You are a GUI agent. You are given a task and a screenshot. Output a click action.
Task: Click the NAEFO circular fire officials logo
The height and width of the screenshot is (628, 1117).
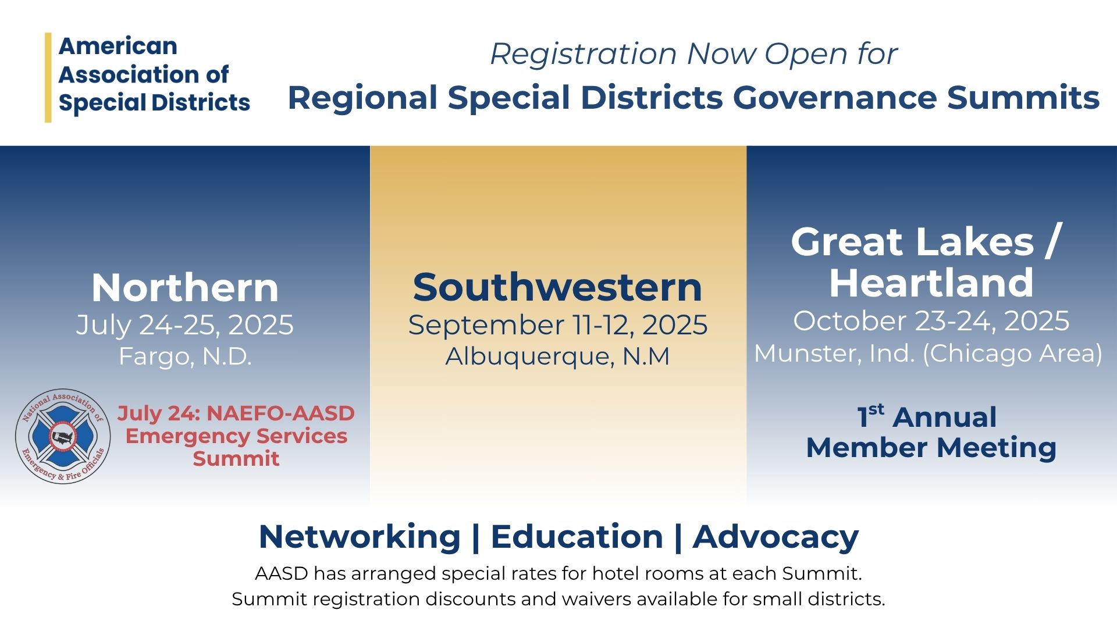[x=63, y=437]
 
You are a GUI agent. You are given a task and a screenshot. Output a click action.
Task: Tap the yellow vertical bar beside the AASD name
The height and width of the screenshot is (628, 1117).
[x=48, y=77]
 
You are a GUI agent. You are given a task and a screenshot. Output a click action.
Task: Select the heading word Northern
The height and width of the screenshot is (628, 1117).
[x=185, y=288]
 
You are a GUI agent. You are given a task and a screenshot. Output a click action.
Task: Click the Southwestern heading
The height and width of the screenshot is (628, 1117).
[x=557, y=287]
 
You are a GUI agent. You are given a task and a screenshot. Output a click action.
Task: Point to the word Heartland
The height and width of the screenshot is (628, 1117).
[x=931, y=283]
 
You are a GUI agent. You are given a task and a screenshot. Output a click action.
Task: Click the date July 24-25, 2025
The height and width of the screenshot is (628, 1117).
[x=185, y=324]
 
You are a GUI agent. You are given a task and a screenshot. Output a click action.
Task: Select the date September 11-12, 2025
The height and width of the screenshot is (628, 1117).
[x=558, y=324]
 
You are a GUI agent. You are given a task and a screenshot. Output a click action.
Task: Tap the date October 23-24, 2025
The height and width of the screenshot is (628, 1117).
[x=931, y=321]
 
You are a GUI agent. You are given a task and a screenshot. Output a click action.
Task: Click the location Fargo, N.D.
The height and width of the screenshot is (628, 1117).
[x=185, y=356]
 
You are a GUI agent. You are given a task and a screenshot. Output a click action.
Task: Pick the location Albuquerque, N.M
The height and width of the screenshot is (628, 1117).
[x=557, y=356]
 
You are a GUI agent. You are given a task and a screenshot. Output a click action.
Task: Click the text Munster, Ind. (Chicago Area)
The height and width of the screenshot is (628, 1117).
[x=928, y=354]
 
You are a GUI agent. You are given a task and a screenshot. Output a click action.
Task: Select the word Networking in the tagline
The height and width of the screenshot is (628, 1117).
[x=360, y=537]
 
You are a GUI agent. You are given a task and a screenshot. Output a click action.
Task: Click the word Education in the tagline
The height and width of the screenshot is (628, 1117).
[x=577, y=536]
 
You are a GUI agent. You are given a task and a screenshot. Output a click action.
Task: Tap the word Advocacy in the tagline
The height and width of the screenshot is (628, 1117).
[x=776, y=537]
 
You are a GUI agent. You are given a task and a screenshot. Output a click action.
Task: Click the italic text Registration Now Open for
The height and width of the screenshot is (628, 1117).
[x=693, y=54]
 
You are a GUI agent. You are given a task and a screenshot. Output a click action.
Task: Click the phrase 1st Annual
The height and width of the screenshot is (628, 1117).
[x=927, y=416]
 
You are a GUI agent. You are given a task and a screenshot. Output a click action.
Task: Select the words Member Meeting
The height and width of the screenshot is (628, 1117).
[x=931, y=448]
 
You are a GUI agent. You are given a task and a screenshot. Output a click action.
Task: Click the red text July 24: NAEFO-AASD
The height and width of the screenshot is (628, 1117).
[x=236, y=413]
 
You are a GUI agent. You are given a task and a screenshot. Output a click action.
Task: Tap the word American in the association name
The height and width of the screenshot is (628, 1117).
[x=118, y=47]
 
